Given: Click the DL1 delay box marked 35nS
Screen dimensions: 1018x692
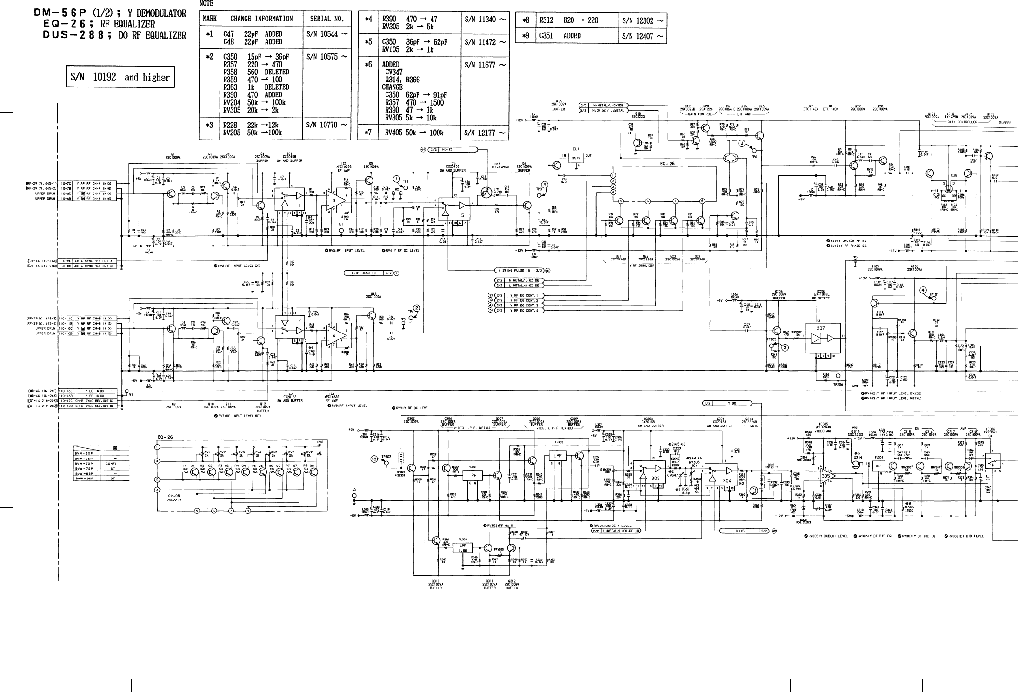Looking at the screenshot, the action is click(x=575, y=158).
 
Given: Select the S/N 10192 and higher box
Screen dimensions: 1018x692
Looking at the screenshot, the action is click(x=120, y=77).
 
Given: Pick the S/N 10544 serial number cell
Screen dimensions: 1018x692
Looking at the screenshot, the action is click(x=326, y=34).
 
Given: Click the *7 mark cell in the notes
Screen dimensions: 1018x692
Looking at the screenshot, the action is click(x=368, y=133).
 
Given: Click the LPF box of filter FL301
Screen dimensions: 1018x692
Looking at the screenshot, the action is click(x=472, y=475).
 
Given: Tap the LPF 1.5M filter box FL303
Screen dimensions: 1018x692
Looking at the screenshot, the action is click(x=463, y=548).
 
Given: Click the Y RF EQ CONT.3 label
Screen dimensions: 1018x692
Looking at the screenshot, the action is click(x=523, y=306).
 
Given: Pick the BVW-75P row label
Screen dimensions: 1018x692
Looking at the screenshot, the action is click(x=84, y=469).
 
